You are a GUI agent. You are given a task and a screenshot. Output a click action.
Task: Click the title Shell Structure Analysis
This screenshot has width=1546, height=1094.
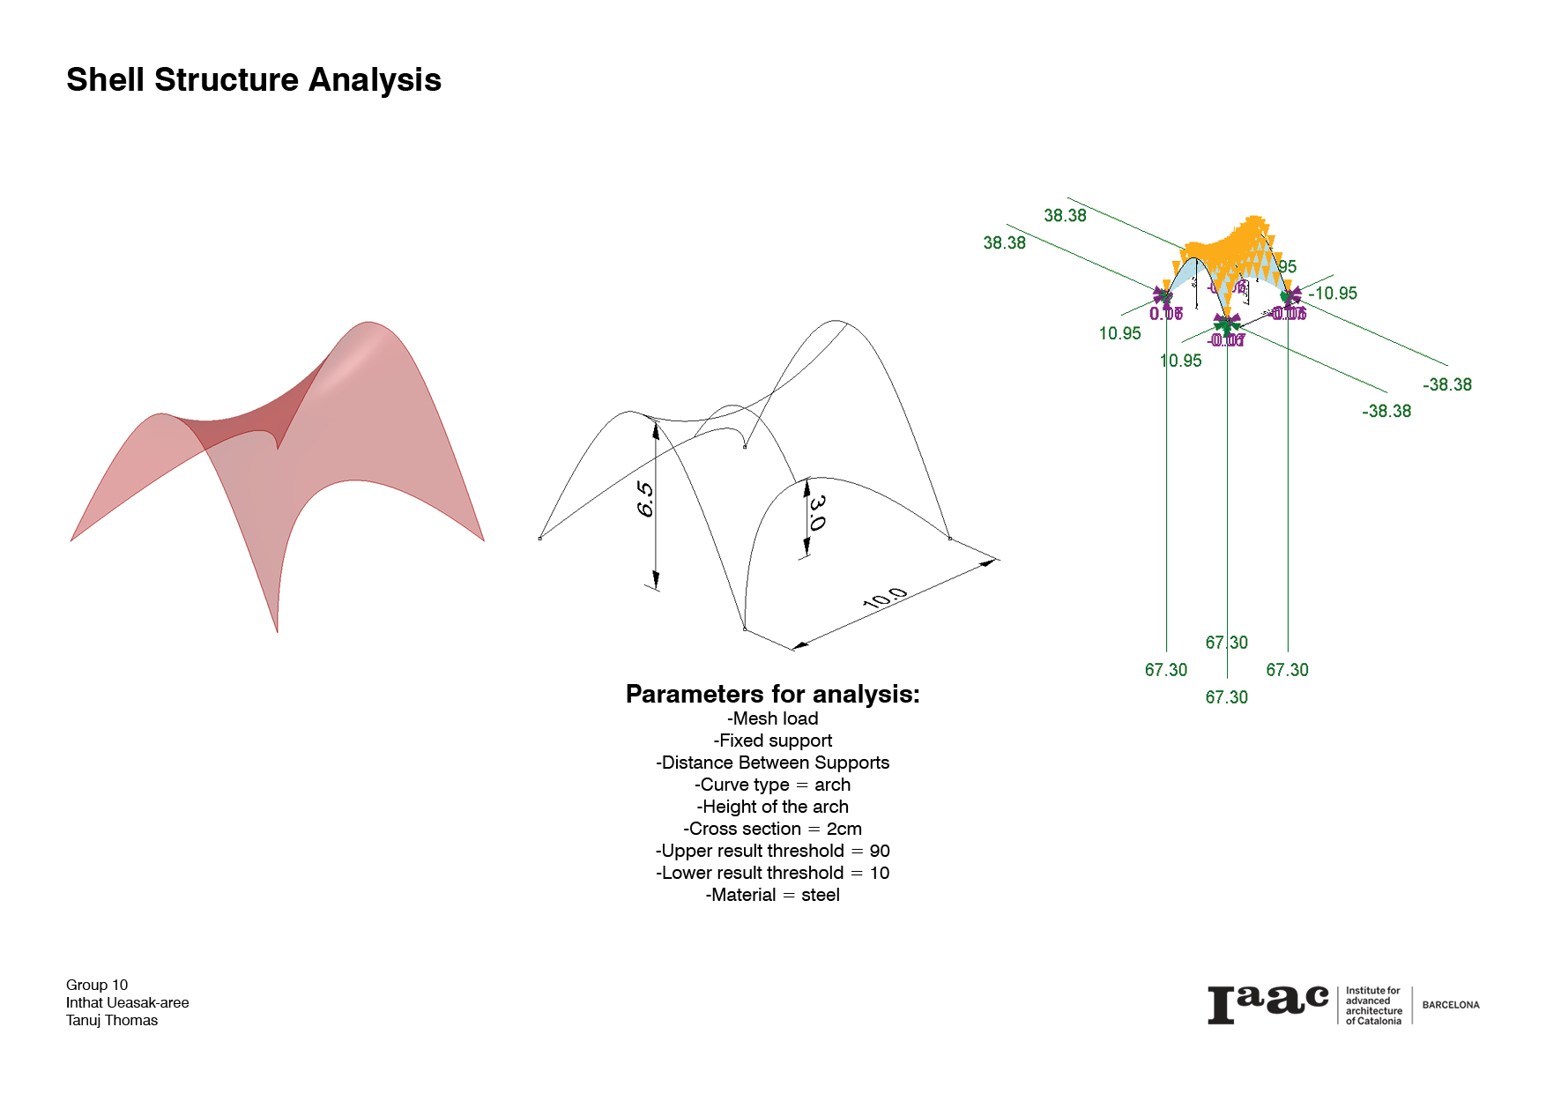click(254, 80)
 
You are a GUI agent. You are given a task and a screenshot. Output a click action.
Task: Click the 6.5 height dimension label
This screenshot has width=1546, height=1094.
click(645, 499)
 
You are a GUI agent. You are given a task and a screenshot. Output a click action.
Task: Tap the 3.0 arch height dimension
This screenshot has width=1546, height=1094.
click(817, 512)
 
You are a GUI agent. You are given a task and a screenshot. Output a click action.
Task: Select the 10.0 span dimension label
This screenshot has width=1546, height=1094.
click(884, 599)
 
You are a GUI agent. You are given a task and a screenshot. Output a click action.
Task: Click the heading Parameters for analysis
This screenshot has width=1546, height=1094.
click(772, 695)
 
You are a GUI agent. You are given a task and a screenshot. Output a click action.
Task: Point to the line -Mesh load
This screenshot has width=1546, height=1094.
click(772, 718)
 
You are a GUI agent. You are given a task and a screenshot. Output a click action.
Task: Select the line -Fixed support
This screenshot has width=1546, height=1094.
click(772, 740)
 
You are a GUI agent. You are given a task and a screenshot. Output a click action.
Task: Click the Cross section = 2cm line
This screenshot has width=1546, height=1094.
click(772, 829)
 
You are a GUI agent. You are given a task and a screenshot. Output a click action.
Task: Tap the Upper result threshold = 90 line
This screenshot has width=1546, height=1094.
click(772, 851)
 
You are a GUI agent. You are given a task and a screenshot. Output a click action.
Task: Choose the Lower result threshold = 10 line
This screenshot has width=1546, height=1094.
click(772, 873)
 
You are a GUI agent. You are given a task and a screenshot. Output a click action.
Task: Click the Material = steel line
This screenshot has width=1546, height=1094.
click(772, 895)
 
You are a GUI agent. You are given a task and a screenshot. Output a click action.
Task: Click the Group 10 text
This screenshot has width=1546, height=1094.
click(97, 985)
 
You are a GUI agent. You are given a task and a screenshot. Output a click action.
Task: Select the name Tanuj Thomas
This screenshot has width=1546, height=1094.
click(112, 1020)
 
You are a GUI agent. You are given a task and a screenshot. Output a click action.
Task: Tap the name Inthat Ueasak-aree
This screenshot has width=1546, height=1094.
click(127, 1002)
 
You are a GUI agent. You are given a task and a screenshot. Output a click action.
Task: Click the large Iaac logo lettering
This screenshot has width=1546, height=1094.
click(1267, 1005)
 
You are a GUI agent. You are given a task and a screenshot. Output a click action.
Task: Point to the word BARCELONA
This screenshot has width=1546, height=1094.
click(1451, 1005)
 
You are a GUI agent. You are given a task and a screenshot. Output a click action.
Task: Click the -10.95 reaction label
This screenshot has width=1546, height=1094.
click(1333, 294)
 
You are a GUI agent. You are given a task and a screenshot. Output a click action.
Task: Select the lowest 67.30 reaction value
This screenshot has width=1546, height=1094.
click(1227, 697)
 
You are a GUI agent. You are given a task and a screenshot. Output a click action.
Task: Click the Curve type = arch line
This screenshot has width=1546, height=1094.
click(772, 785)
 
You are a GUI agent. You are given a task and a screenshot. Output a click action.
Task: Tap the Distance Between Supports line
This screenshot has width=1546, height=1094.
click(772, 763)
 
